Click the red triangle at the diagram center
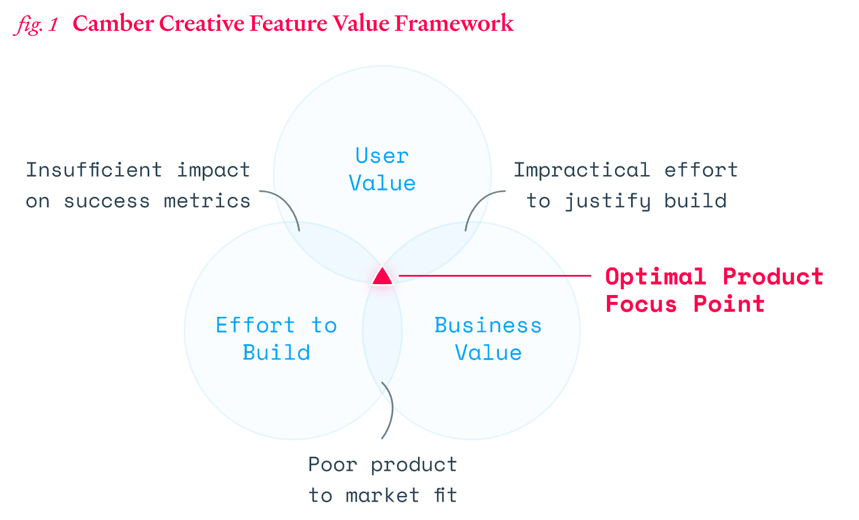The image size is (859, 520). coord(382,277)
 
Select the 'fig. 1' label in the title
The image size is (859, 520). coord(36,24)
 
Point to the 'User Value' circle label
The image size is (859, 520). coord(382,169)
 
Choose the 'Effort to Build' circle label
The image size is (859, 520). coord(276,339)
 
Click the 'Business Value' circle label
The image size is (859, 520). coord(488,339)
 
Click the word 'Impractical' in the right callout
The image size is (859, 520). coord(581,170)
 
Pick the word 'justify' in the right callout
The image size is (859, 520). coord(608,201)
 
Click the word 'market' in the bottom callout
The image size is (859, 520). coord(382,495)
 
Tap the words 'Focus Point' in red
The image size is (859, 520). coord(685,304)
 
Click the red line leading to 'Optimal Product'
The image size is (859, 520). coord(494,276)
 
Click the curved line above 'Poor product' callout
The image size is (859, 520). coord(390,410)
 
